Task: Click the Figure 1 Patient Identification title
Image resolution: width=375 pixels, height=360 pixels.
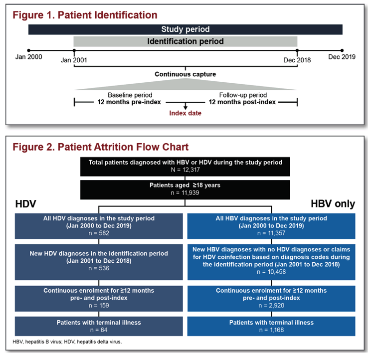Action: click(x=85, y=15)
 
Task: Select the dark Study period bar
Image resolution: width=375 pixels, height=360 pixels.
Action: click(x=186, y=29)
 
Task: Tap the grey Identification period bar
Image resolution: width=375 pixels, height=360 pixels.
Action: click(x=186, y=41)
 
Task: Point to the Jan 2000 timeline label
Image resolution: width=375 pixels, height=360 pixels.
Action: click(x=29, y=57)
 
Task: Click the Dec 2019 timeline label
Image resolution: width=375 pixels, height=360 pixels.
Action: click(x=342, y=57)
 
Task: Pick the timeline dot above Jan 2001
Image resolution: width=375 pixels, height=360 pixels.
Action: click(x=74, y=50)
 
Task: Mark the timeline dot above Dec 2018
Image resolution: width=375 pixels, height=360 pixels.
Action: click(x=297, y=50)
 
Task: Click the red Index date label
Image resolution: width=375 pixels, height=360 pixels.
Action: click(x=186, y=113)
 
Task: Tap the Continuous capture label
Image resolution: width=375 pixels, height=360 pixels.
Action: click(x=186, y=74)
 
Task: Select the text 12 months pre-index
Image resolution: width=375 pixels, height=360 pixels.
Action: click(x=129, y=102)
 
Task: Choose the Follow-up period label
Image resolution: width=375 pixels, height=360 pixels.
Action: click(x=243, y=95)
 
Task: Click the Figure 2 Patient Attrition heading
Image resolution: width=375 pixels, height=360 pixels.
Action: click(x=100, y=147)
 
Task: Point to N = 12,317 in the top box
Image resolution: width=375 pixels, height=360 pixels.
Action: click(x=186, y=170)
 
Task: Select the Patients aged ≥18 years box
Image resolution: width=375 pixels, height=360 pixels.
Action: click(x=185, y=189)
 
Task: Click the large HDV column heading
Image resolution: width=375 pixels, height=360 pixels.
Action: click(x=25, y=204)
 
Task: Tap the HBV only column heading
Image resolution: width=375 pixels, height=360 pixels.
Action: click(x=333, y=204)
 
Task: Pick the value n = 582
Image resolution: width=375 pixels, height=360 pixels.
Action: click(x=99, y=233)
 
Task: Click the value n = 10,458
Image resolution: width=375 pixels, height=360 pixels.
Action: click(x=271, y=272)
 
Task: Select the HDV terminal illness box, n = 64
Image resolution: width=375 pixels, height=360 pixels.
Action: click(x=99, y=326)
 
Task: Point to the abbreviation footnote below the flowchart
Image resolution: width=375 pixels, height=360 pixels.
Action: click(x=67, y=342)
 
